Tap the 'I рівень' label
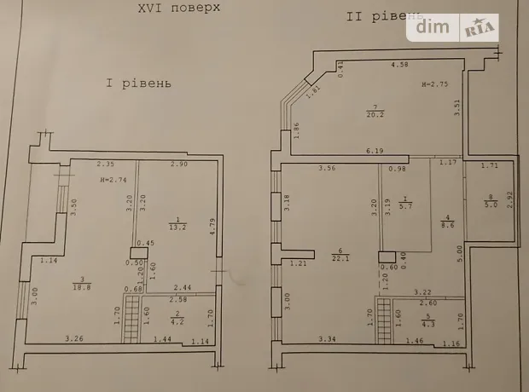pyautogui.click(x=139, y=84)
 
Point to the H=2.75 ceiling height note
pyautogui.click(x=433, y=86)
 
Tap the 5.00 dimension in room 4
pyautogui.click(x=460, y=253)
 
